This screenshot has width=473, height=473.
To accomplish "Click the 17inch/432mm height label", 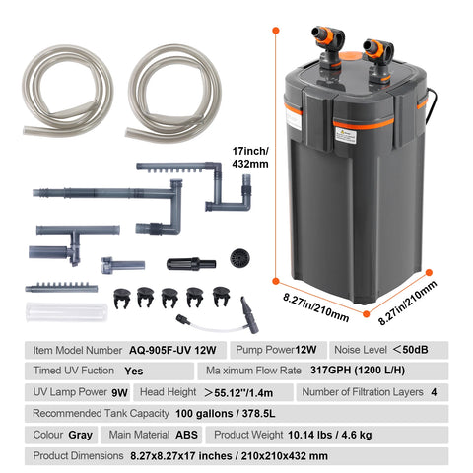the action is [x=250, y=158].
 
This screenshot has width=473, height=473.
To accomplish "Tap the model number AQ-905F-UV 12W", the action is [x=172, y=350].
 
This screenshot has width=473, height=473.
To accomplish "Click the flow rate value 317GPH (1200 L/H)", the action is [x=358, y=371].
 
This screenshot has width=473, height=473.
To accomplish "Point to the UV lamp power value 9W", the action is [x=119, y=392].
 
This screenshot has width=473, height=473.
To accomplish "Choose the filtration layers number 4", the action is [x=434, y=392].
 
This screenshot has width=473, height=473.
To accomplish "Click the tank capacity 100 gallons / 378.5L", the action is [x=226, y=414].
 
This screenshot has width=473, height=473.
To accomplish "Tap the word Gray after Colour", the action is [x=81, y=436].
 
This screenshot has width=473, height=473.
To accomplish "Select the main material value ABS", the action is [x=186, y=435].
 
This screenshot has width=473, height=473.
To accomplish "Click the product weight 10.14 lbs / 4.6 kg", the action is [x=330, y=435].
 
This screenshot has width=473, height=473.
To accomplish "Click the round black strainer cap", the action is [x=239, y=258].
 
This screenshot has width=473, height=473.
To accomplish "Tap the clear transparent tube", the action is [x=67, y=312].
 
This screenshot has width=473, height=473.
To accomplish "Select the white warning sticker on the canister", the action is [x=346, y=135].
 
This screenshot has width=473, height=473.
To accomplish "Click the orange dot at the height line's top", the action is [x=276, y=31].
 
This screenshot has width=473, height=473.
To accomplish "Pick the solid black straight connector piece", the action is [x=191, y=264].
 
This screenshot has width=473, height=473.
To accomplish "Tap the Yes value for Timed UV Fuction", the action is [x=134, y=372].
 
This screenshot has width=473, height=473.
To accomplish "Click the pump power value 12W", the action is [x=305, y=350].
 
